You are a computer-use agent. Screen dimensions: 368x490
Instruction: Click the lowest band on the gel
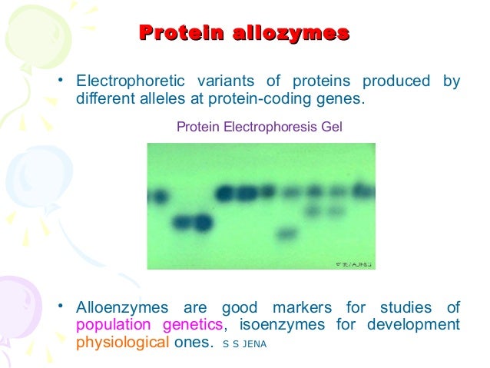tap(286, 232)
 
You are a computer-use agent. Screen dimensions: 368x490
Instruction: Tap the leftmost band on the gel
tap(158, 197)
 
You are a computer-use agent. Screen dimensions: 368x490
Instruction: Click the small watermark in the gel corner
tap(353, 264)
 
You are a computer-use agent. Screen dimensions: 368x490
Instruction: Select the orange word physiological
tap(121, 343)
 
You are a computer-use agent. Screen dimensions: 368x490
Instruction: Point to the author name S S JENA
tap(243, 344)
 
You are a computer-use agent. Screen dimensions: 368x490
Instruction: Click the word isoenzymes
tap(282, 325)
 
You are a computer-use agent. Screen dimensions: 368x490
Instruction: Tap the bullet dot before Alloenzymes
tap(59, 308)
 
